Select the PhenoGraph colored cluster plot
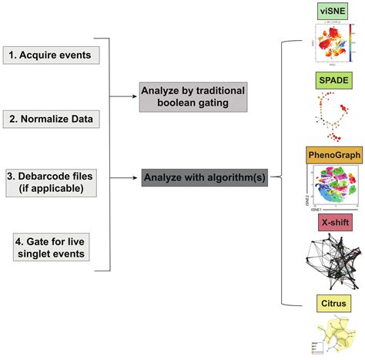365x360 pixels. tap(331, 189)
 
